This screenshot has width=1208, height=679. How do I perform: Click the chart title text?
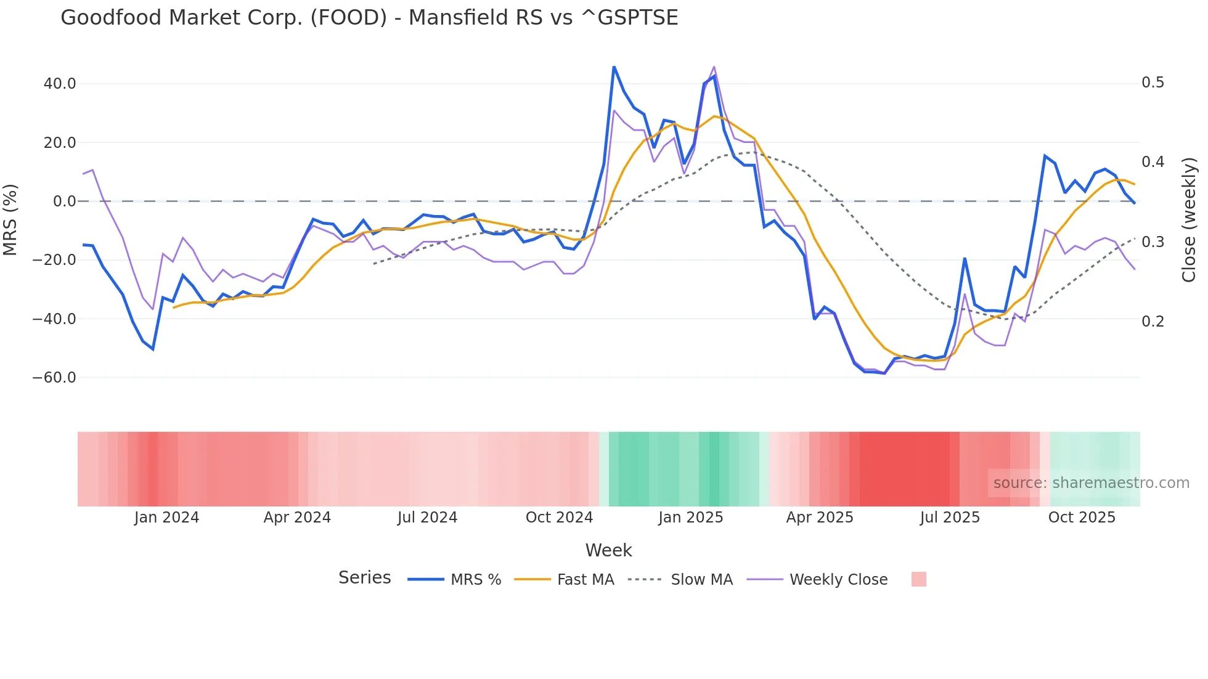click(369, 18)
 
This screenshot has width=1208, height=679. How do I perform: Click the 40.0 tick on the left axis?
click(60, 84)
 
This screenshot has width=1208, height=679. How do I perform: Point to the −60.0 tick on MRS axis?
click(54, 378)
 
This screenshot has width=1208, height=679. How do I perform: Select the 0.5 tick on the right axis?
click(1153, 83)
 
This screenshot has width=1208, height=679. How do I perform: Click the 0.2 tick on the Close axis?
click(1153, 321)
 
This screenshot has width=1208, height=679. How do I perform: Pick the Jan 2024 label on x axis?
click(166, 518)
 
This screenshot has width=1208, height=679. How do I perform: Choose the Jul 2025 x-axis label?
click(950, 518)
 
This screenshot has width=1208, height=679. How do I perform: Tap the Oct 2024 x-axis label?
click(559, 518)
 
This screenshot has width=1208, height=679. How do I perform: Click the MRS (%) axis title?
click(10, 219)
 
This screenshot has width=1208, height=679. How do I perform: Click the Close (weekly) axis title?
click(1189, 219)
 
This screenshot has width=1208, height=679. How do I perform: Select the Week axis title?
click(608, 550)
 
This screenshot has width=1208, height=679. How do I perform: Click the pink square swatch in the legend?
click(918, 579)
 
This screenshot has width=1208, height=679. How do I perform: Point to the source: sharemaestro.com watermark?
click(1091, 483)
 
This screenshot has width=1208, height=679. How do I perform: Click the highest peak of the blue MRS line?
click(614, 67)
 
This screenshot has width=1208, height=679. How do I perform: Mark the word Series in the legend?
click(364, 578)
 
